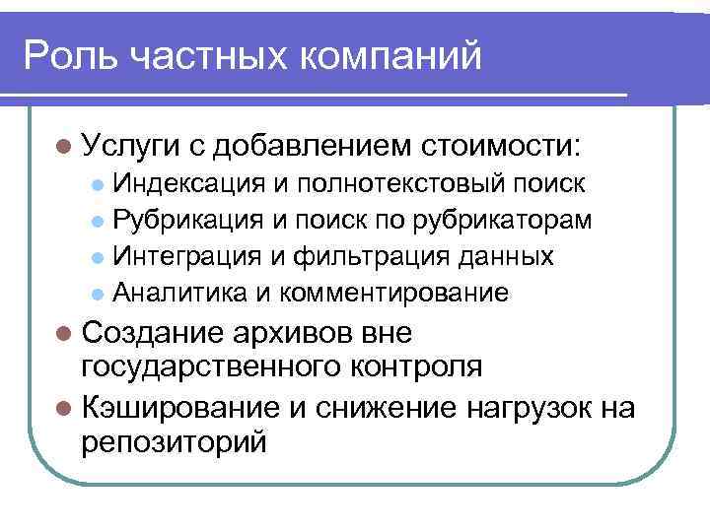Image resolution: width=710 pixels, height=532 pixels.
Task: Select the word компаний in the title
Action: [x=397, y=55]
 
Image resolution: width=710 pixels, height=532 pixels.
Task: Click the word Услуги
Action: [x=129, y=147]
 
